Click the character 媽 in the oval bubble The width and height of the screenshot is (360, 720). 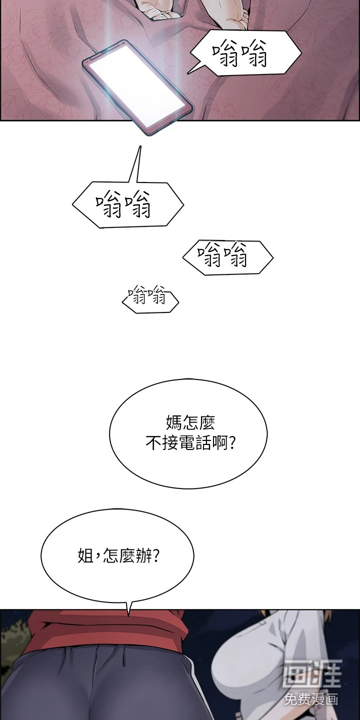174,422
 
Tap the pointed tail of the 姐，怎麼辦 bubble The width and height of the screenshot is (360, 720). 128,614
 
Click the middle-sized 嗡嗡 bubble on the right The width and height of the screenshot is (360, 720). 228,257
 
